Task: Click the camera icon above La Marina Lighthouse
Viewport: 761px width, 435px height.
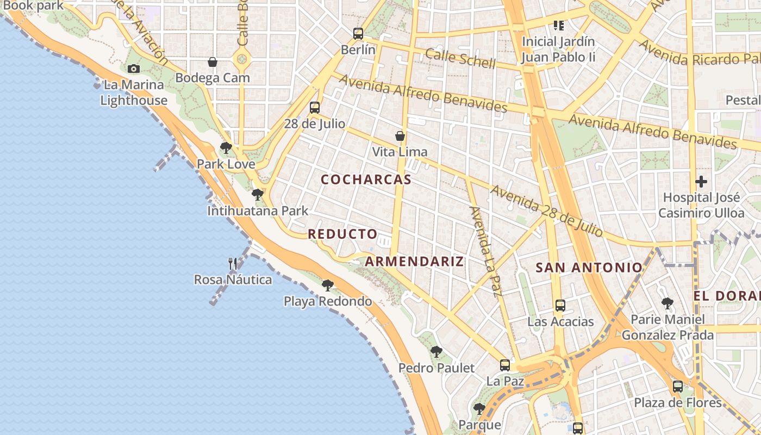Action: (x=133, y=69)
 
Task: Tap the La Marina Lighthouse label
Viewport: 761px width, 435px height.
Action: (x=134, y=92)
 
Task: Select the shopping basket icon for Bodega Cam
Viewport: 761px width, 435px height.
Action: (x=213, y=62)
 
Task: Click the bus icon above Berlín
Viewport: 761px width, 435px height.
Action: (x=358, y=33)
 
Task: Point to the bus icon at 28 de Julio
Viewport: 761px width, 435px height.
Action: (x=314, y=107)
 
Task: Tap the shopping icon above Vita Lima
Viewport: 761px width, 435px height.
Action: (x=400, y=136)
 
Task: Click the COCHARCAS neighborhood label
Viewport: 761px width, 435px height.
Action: (x=366, y=179)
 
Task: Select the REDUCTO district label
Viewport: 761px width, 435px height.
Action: (x=342, y=234)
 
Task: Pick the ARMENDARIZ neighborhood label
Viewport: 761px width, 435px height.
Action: (x=414, y=262)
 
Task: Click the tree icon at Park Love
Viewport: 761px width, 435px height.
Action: (x=226, y=147)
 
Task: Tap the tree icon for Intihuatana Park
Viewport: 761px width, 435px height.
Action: (x=258, y=194)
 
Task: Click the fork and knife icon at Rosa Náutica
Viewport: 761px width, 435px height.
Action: (x=233, y=264)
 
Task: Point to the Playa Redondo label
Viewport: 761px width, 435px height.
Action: (x=328, y=301)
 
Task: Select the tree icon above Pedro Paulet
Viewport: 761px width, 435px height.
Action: (x=436, y=352)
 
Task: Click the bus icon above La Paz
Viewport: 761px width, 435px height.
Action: (x=505, y=365)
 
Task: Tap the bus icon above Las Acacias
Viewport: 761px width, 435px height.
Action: (x=560, y=305)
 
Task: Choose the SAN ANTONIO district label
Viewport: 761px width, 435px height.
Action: (x=589, y=268)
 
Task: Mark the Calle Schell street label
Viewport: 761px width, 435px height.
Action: (x=460, y=59)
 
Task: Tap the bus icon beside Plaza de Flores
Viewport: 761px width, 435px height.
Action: (x=677, y=387)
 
